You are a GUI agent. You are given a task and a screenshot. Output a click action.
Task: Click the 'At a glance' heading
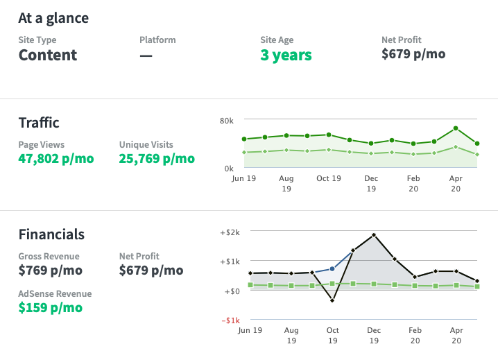[53, 17]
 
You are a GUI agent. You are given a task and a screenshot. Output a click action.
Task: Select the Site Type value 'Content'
[48, 55]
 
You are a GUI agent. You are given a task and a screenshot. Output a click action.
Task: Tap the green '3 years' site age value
[286, 55]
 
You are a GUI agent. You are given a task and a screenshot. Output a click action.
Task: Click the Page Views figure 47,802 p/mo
[55, 159]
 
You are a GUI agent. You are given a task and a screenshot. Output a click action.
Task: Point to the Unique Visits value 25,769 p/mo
[157, 159]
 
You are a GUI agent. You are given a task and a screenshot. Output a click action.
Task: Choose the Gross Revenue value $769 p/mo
[50, 271]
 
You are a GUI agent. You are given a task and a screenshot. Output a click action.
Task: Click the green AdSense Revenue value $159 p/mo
[50, 307]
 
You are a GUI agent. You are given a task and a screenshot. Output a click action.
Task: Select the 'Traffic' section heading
[39, 123]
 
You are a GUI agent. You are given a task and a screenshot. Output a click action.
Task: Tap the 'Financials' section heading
[51, 234]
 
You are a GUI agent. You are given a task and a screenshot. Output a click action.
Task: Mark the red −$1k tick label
[231, 320]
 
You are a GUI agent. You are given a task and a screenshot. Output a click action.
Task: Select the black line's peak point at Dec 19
[374, 235]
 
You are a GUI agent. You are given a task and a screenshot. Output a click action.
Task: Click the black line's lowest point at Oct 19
[332, 300]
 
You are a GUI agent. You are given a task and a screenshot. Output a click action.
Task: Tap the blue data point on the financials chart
[332, 268]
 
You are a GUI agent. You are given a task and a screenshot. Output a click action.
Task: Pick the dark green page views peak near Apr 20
[456, 128]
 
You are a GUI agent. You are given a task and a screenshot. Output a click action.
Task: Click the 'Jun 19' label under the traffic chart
[243, 178]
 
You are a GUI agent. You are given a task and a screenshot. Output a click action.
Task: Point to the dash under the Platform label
[146, 55]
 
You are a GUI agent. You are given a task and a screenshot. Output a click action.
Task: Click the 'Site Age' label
[278, 40]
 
